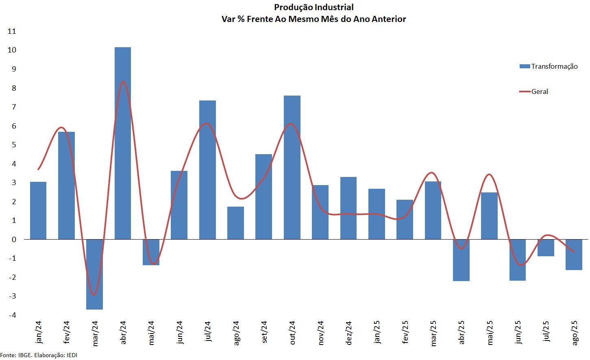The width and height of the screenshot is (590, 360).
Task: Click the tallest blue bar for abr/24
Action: (x=123, y=142)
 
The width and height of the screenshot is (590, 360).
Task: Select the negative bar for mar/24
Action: (x=94, y=274)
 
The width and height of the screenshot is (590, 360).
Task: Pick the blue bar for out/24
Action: (x=292, y=167)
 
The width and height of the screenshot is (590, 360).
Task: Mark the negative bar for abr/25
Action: (x=461, y=260)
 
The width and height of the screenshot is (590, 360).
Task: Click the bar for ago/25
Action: (x=574, y=255)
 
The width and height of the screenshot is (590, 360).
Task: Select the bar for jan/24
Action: (x=38, y=210)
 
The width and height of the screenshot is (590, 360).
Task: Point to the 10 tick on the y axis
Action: (x=12, y=50)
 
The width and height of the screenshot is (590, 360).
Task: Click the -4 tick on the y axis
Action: (x=12, y=315)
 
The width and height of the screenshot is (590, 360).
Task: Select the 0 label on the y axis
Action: (x=14, y=240)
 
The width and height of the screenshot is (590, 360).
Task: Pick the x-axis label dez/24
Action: (x=348, y=333)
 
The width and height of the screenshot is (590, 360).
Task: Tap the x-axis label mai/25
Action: (x=490, y=333)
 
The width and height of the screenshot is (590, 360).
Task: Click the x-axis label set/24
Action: (x=264, y=332)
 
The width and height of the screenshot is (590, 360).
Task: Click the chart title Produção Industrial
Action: (x=314, y=7)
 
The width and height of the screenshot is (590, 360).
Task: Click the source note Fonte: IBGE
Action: (x=16, y=355)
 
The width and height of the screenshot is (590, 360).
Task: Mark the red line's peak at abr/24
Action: (x=123, y=82)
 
